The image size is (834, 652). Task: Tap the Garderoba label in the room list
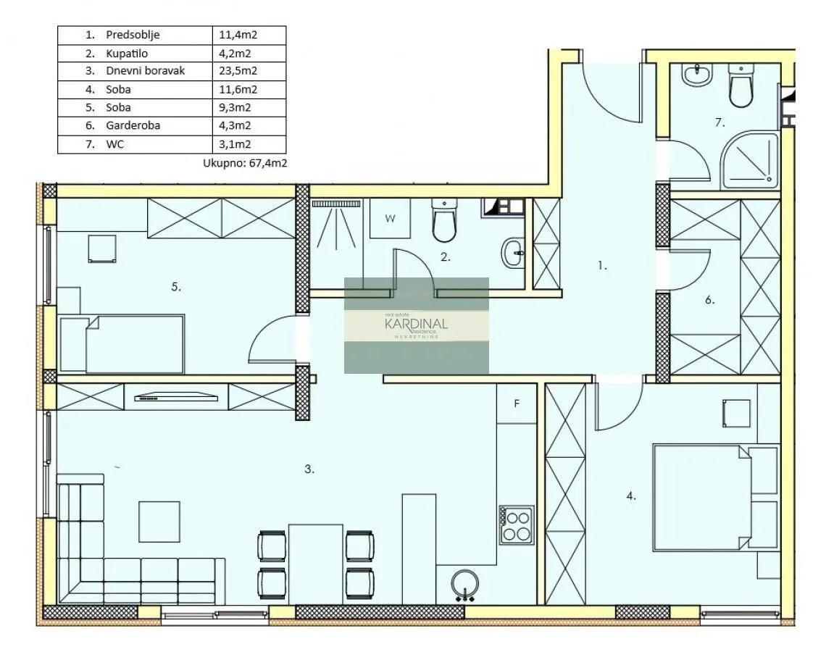(x=133, y=125)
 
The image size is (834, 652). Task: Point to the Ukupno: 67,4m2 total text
(x=245, y=164)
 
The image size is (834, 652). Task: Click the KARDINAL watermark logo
(x=416, y=325)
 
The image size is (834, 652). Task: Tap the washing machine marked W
(x=390, y=218)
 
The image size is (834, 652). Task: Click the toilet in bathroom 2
(x=443, y=221)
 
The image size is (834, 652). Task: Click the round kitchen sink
(x=464, y=585)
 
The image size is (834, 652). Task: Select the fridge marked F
(x=517, y=404)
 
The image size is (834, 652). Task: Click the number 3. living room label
(x=309, y=469)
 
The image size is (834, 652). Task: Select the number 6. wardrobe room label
(x=709, y=300)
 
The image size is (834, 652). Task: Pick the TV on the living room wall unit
(x=178, y=396)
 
